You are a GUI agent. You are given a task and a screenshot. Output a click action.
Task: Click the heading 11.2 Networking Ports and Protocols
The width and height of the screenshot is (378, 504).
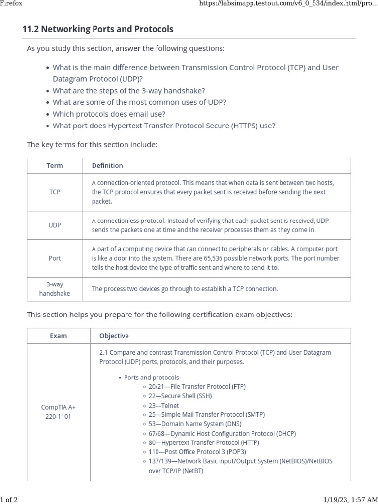pyautogui.click(x=98, y=29)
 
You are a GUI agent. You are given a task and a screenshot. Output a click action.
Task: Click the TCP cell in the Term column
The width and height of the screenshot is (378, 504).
pyautogui.click(x=55, y=192)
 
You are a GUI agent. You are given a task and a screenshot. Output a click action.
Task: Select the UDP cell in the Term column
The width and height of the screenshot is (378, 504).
pyautogui.click(x=55, y=225)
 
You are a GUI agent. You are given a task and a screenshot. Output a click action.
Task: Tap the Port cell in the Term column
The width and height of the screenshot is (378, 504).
pyautogui.click(x=55, y=258)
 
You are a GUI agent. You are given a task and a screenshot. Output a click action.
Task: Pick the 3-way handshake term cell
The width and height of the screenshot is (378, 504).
pyautogui.click(x=55, y=289)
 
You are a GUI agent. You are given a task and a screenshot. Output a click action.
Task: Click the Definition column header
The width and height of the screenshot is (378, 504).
pyautogui.click(x=107, y=165)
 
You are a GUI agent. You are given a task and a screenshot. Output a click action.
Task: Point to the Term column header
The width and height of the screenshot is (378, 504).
pyautogui.click(x=55, y=165)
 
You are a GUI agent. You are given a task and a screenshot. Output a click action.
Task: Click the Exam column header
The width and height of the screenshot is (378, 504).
pyautogui.click(x=59, y=336)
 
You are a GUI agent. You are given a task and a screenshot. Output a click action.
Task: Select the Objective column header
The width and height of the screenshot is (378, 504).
pyautogui.click(x=114, y=336)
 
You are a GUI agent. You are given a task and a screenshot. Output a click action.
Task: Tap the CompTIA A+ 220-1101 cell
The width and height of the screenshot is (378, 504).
pyautogui.click(x=59, y=412)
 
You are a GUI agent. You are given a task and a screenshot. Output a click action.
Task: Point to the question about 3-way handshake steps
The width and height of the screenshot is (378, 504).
pyautogui.click(x=129, y=91)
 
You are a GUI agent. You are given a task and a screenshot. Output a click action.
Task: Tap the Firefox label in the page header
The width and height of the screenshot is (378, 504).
pyautogui.click(x=11, y=3)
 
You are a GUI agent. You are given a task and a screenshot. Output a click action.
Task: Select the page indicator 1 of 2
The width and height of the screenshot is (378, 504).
pyautogui.click(x=9, y=500)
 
